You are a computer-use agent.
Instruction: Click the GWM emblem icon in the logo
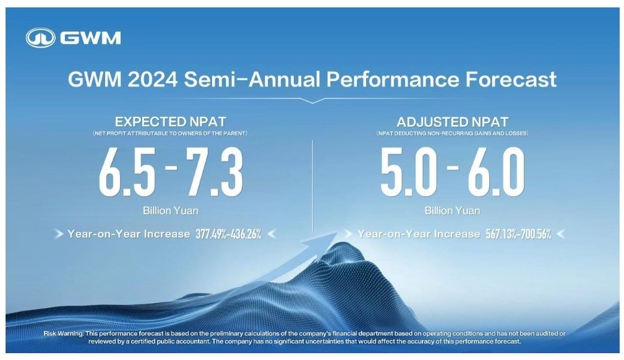coord(41,38)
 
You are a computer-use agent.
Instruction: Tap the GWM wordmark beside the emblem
coord(90,38)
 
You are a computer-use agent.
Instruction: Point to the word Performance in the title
coord(393,80)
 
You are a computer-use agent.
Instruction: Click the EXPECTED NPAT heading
coord(170,122)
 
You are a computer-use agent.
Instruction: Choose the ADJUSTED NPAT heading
coord(452,122)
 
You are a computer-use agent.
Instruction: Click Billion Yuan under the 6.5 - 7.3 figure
coord(171,211)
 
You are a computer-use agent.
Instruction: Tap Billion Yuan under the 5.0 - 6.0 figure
coord(452,211)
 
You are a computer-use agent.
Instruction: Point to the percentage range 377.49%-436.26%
coord(226,234)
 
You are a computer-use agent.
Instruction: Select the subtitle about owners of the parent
coord(170,134)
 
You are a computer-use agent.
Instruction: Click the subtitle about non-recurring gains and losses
coord(452,134)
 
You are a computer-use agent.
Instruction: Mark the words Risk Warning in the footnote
coord(64,333)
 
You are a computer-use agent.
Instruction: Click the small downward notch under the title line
coord(312,100)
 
